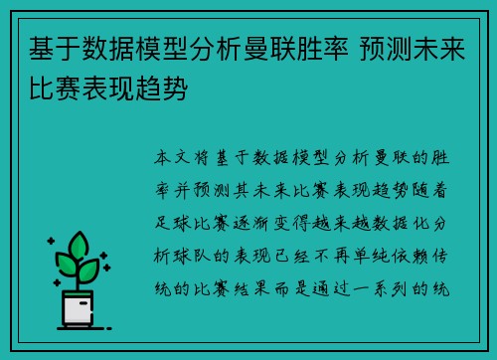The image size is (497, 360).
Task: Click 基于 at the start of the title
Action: [x=52, y=48]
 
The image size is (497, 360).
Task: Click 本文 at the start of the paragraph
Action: [x=171, y=158]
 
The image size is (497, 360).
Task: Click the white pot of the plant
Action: [x=79, y=307]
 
